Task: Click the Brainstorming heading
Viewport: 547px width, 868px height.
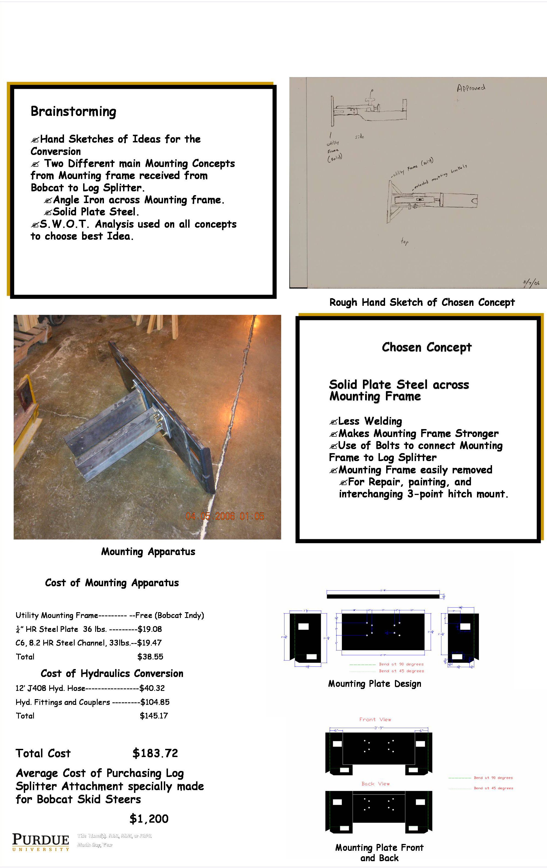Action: point(73,112)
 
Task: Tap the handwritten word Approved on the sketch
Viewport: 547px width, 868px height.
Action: point(471,88)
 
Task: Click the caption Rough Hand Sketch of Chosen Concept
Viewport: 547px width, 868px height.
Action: point(422,303)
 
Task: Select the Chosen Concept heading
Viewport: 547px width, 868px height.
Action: point(426,347)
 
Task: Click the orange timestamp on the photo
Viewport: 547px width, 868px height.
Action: point(225,516)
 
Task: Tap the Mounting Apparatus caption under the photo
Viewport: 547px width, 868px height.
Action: point(148,552)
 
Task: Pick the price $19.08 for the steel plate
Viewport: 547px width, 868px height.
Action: point(149,629)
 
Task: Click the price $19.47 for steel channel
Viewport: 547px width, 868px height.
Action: point(149,643)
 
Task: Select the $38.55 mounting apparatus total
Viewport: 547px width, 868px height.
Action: point(150,656)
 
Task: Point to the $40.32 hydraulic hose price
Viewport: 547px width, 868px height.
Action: point(152,688)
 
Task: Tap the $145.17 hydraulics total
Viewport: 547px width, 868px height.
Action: point(154,715)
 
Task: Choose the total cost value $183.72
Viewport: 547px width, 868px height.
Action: point(155,753)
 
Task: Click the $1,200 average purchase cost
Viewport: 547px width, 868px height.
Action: point(149,819)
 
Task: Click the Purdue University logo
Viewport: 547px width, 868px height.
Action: point(40,842)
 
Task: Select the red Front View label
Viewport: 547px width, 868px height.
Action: point(375,720)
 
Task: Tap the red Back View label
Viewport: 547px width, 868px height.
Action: point(375,784)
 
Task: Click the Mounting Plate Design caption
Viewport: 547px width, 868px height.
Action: point(374,684)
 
